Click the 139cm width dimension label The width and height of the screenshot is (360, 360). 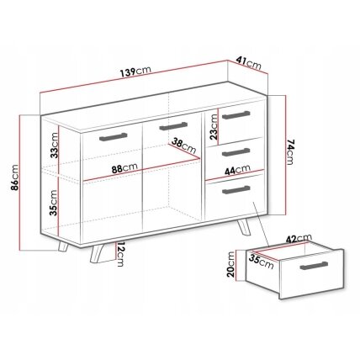135,72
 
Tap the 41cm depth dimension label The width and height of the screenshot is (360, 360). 249,63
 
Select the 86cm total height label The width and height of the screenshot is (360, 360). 14,177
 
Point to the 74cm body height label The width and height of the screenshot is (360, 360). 290,152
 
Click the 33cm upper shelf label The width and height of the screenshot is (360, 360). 54,145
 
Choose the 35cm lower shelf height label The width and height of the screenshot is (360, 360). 53,203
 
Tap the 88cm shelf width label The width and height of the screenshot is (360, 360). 124,168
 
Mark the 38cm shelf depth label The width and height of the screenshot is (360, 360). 184,146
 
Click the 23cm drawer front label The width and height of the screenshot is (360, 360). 214,126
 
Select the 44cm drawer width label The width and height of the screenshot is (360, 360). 237,170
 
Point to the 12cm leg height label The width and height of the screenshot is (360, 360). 120,254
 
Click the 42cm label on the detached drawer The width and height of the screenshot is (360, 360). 299,239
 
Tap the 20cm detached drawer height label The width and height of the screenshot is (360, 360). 231,264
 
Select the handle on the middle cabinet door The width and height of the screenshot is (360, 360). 174,126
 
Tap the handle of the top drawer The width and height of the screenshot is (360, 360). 236,115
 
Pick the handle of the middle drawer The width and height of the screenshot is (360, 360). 236,152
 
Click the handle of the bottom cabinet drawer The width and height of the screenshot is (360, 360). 236,189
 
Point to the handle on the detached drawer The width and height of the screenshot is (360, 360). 314,266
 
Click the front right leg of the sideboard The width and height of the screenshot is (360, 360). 243,226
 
